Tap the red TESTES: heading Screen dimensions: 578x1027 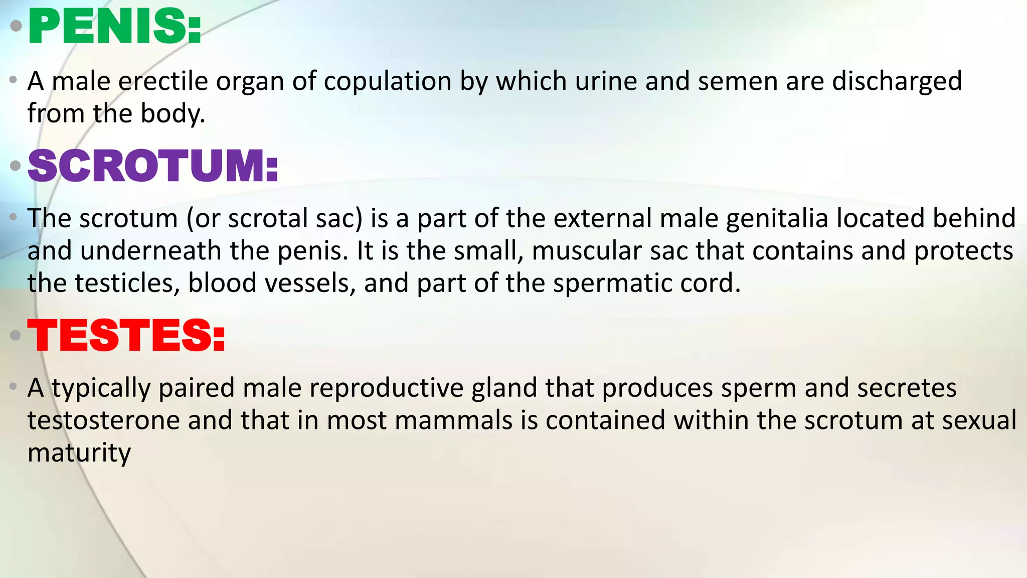pos(126,335)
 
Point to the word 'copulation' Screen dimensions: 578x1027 pos(388,81)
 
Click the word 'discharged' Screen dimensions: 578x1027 pos(897,81)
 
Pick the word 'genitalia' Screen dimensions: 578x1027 pos(777,219)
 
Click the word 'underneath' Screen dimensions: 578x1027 pos(151,251)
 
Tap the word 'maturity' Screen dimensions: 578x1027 pos(79,453)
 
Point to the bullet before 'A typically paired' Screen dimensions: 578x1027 pos(14,387)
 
